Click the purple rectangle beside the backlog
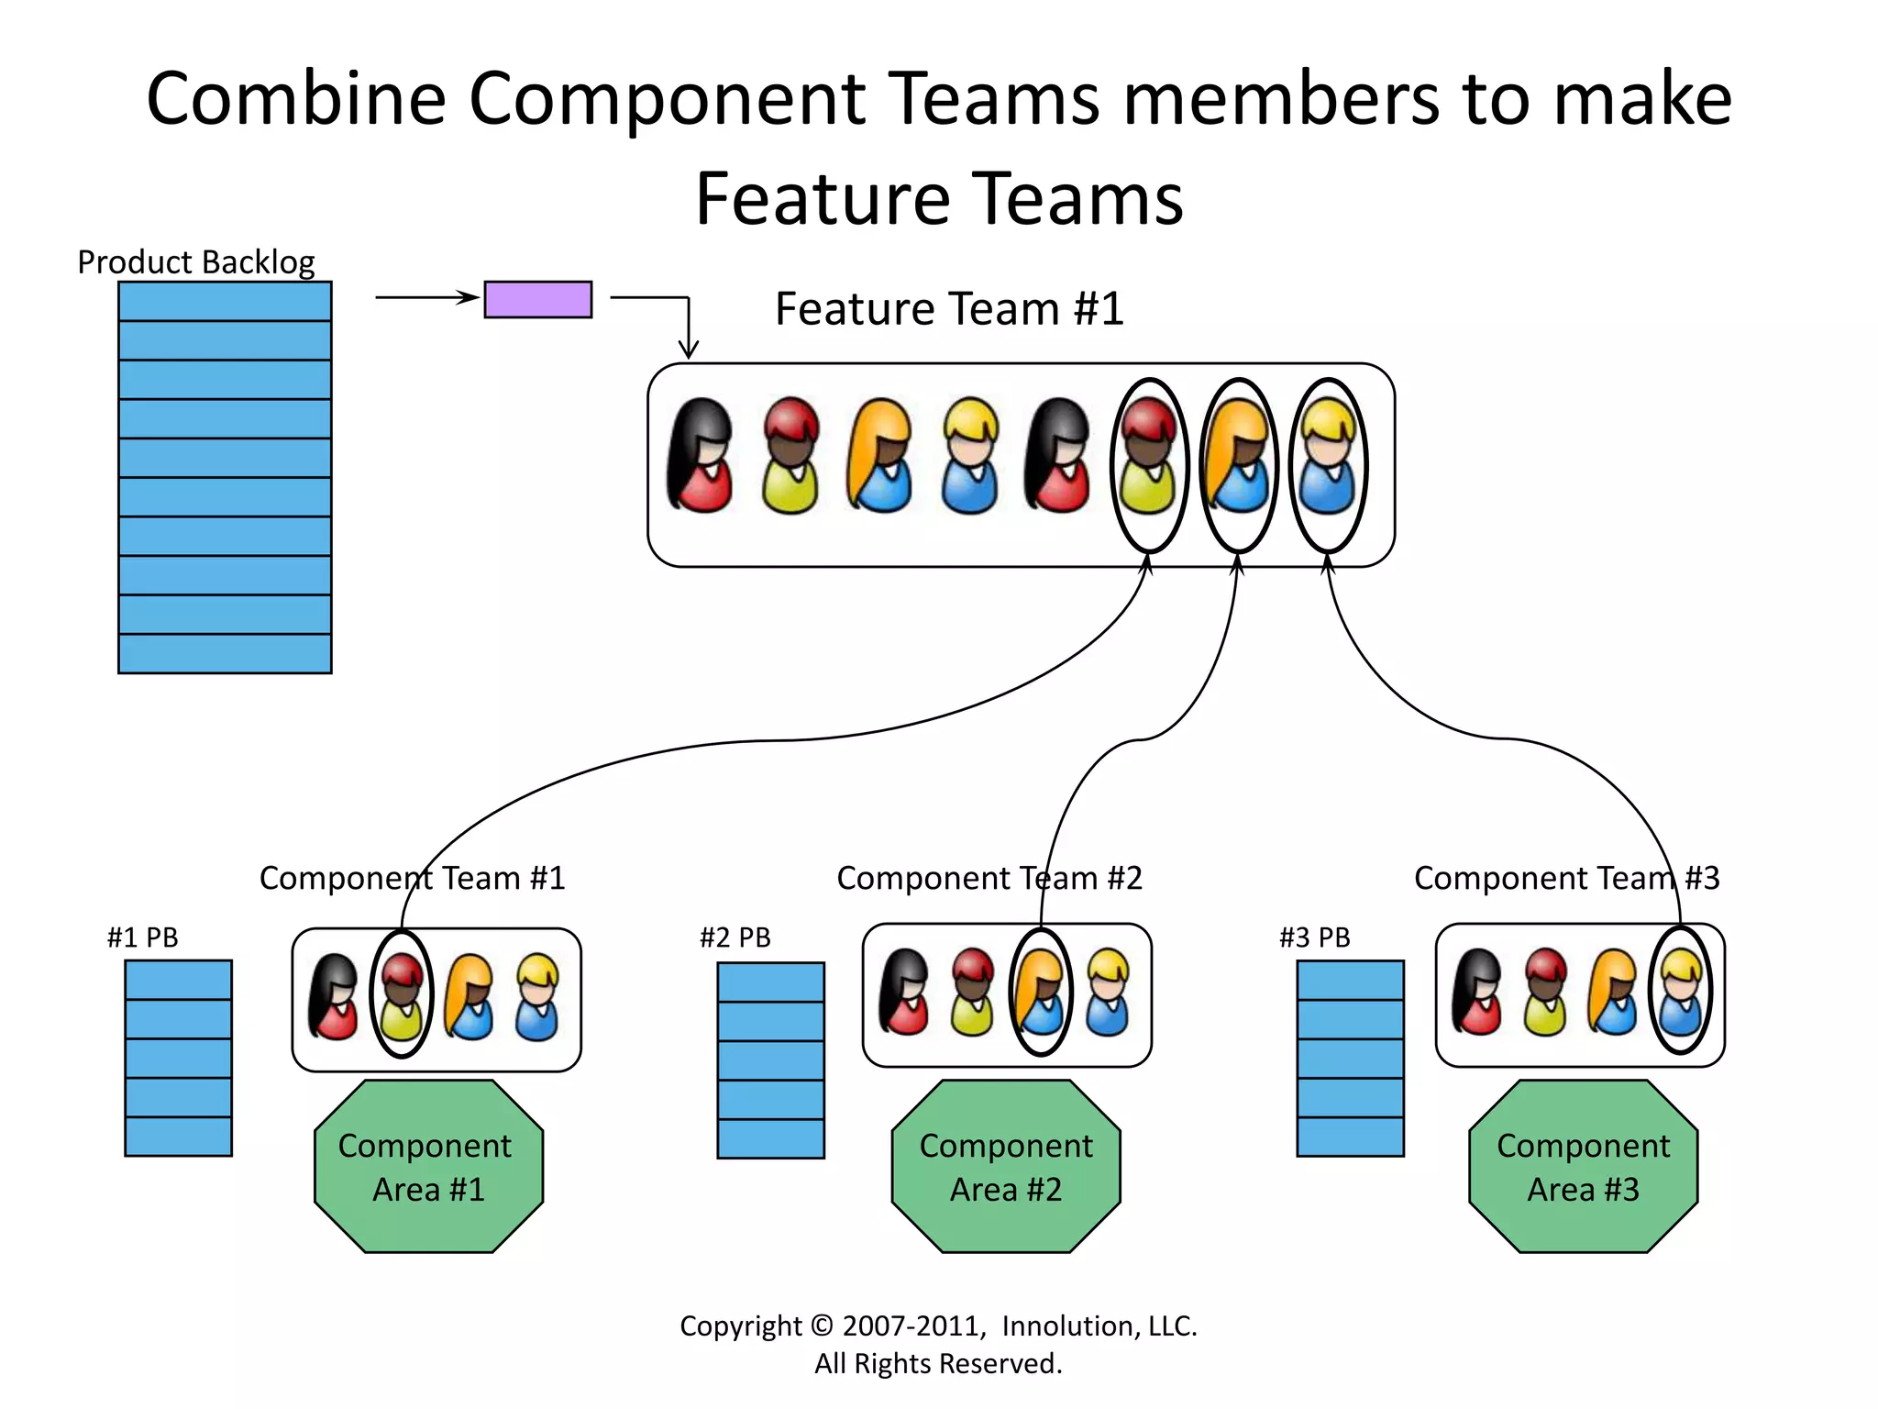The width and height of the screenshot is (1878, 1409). click(x=537, y=299)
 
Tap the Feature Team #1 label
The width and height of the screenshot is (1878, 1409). click(x=949, y=309)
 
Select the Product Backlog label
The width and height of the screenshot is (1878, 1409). click(x=195, y=262)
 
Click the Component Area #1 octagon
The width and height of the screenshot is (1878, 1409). click(x=428, y=1166)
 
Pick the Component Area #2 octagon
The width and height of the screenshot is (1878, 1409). click(x=1006, y=1166)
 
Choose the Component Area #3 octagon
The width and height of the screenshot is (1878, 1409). click(x=1583, y=1166)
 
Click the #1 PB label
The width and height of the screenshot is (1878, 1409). click(x=142, y=937)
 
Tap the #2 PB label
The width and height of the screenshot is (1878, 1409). click(x=735, y=937)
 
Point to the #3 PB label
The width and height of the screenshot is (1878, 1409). click(x=1314, y=937)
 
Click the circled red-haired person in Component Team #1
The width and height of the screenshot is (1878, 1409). click(x=402, y=994)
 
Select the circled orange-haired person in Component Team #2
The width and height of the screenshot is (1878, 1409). click(x=1040, y=992)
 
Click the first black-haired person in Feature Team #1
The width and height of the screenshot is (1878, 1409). click(x=701, y=456)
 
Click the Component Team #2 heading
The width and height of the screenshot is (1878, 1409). click(x=989, y=878)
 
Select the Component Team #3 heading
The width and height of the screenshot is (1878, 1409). click(x=1566, y=878)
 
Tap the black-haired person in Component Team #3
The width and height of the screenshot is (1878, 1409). click(x=1476, y=992)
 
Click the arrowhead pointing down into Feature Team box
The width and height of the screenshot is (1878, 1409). click(x=689, y=351)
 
